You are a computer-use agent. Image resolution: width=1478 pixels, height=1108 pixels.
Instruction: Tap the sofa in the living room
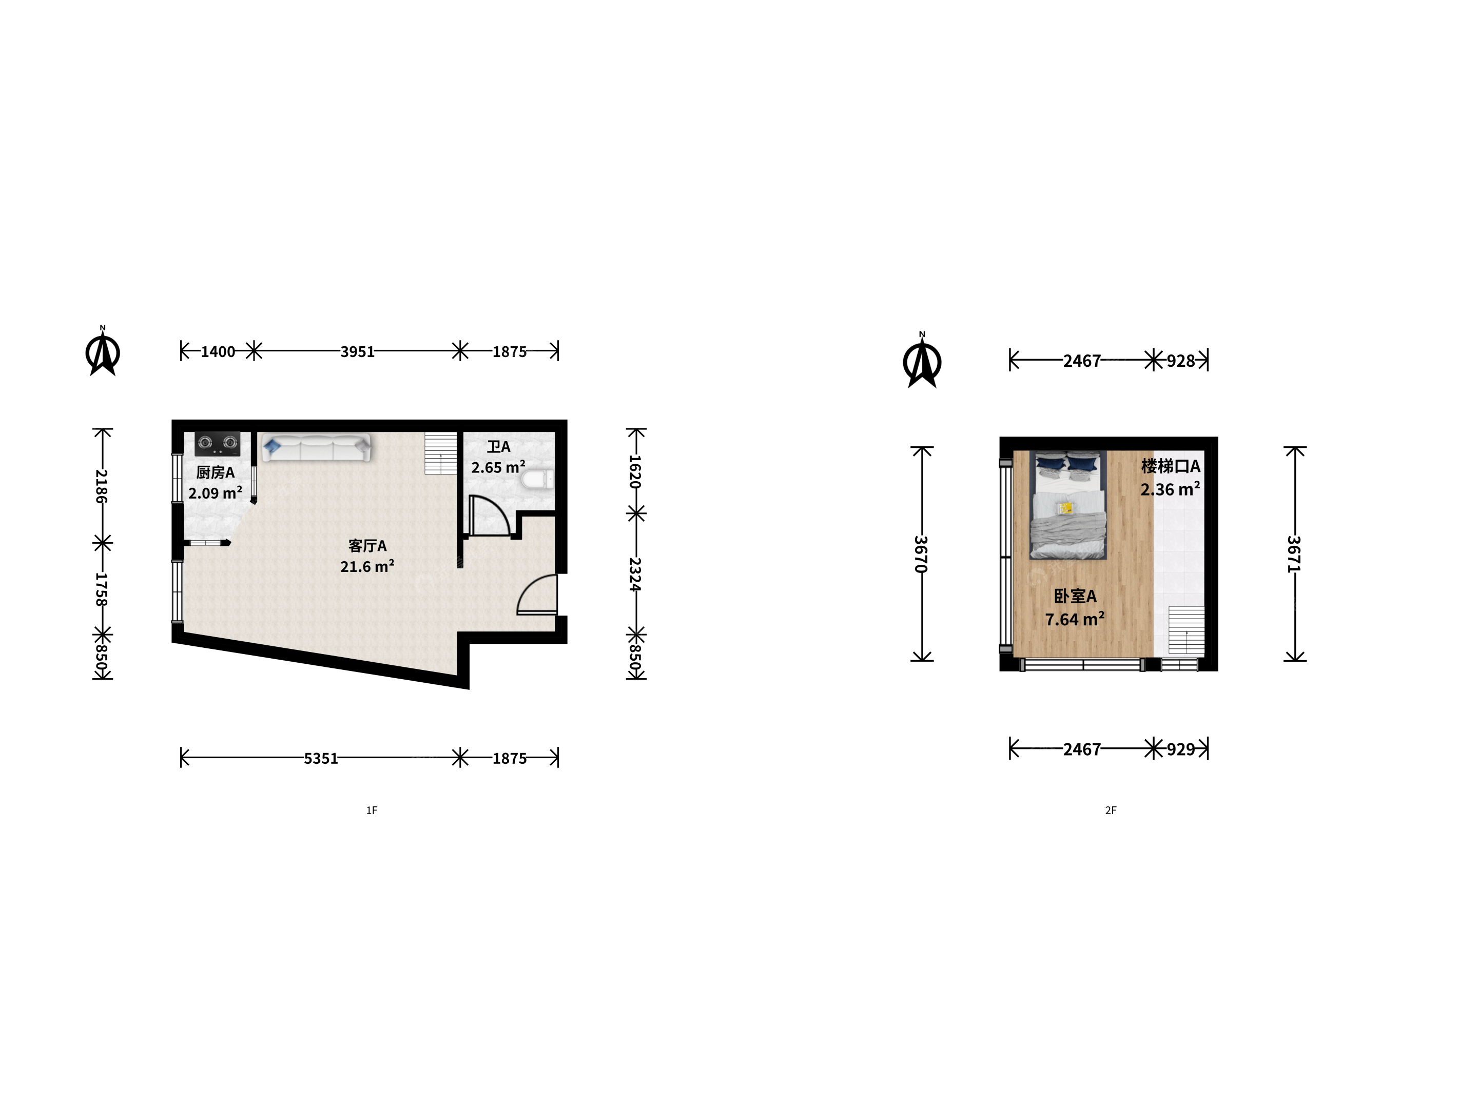(316, 447)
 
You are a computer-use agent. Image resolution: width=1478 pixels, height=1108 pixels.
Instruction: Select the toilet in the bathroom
(538, 480)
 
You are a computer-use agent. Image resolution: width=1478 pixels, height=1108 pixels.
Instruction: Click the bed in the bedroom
(1068, 504)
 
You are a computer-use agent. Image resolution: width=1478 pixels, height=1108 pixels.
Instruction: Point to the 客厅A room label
(367, 546)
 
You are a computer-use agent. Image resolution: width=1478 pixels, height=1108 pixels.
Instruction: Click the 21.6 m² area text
(367, 566)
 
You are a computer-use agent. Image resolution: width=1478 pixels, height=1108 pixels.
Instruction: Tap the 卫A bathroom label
(498, 447)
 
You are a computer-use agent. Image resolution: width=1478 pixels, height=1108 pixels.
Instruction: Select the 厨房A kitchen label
(215, 472)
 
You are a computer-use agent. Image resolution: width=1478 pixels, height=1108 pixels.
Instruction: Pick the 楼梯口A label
(1171, 466)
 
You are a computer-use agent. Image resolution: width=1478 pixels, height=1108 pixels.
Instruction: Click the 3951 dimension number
(358, 351)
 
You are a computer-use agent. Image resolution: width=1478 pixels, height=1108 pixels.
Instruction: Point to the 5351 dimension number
(321, 758)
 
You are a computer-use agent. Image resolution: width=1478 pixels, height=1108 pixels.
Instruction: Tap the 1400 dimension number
(218, 351)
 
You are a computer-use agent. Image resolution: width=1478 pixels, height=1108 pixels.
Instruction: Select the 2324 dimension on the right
(635, 575)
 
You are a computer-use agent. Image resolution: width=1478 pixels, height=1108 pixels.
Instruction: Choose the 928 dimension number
(1181, 361)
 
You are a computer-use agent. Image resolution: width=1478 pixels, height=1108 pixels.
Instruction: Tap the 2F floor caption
(1111, 810)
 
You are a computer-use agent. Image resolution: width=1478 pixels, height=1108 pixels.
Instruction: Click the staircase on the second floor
(1187, 630)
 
